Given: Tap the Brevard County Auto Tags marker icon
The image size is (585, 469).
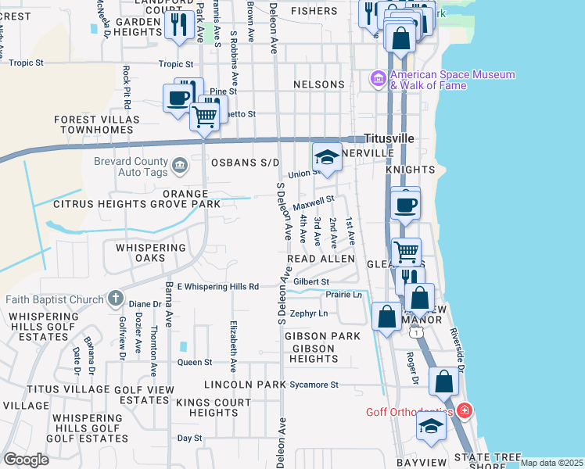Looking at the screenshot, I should point(179,165).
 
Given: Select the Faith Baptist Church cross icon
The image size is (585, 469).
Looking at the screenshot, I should point(115,299).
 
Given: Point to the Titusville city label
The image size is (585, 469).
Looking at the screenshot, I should point(387,138).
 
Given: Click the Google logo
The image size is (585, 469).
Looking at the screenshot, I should point(27,460).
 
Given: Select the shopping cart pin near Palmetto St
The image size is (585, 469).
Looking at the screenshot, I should point(204,116).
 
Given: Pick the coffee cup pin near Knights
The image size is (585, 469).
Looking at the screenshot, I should point(405,205).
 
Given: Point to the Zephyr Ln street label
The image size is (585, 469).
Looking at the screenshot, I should point(309,313).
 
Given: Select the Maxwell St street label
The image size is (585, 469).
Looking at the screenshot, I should point(314,202).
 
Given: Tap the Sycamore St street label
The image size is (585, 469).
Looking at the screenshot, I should point(311,385).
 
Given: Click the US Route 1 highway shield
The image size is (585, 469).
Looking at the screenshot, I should point(418,333).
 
